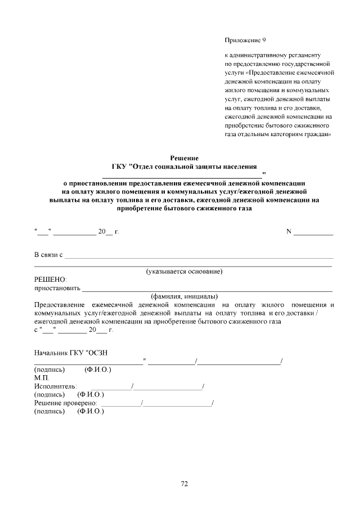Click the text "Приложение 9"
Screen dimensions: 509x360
pos(245,40)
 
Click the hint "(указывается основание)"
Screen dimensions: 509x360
pos(184,272)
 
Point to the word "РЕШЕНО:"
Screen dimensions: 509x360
pos(51,280)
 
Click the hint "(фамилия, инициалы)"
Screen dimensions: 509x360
pos(184,296)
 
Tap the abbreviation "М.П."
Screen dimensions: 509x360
pos(42,378)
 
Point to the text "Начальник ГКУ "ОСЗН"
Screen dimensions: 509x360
pos(70,353)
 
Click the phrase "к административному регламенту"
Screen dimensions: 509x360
pos(272,56)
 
